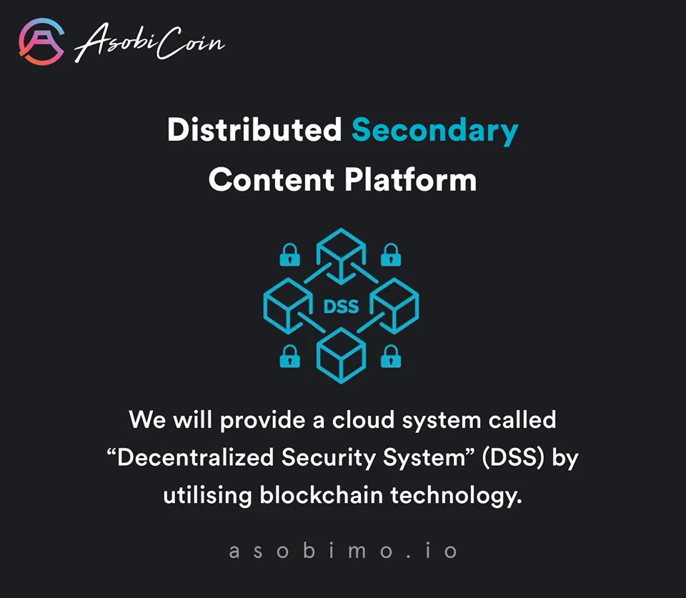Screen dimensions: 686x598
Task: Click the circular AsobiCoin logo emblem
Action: click(41, 41)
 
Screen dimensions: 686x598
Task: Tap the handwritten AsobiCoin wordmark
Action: click(149, 42)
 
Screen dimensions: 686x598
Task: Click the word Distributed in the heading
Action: click(254, 129)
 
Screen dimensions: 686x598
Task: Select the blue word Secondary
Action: click(435, 131)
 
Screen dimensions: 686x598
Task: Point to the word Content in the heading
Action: click(272, 180)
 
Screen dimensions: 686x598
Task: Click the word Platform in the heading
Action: click(410, 180)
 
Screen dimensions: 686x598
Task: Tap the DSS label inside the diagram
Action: click(341, 307)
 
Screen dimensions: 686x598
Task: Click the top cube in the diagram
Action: click(341, 252)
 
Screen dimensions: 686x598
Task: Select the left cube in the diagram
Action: click(287, 305)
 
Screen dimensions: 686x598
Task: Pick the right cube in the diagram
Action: click(394, 305)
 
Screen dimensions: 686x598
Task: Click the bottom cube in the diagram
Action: click(341, 356)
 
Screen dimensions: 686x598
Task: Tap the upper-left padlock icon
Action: click(289, 254)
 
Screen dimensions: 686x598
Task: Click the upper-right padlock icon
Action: click(391, 254)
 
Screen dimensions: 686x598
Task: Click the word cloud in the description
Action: click(363, 419)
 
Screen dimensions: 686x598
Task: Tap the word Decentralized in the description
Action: click(195, 457)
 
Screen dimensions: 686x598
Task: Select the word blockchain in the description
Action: click(321, 495)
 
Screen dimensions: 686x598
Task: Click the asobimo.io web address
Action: click(343, 550)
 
